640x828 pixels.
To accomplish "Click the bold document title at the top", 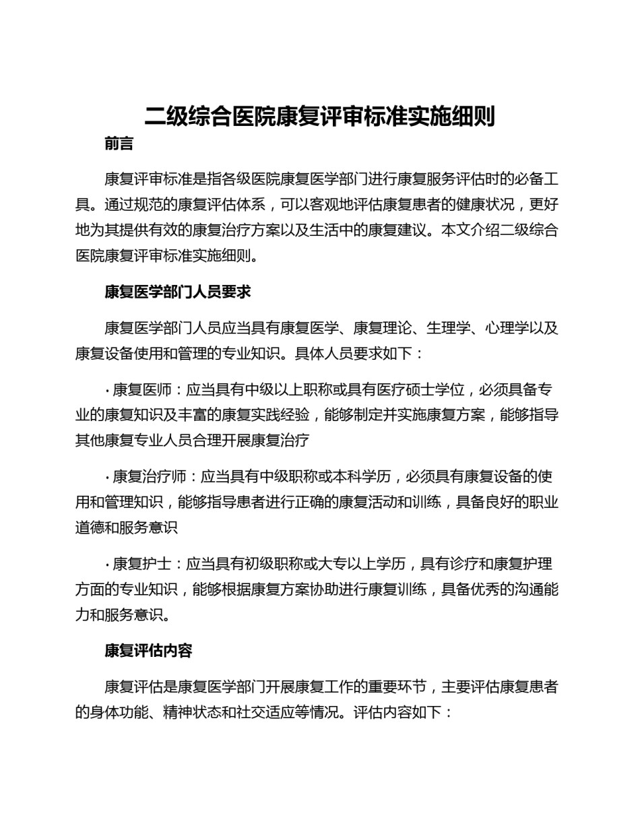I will [x=320, y=117].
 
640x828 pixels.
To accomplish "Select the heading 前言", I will [x=119, y=144].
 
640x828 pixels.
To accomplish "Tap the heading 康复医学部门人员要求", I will [x=178, y=292].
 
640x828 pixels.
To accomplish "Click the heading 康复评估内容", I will [x=148, y=651].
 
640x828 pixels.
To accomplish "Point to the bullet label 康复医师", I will [x=141, y=390].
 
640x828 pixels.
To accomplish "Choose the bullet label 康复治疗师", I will [x=149, y=477].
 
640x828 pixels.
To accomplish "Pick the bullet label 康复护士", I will [x=141, y=564].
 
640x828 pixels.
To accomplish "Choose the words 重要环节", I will [x=397, y=687].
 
